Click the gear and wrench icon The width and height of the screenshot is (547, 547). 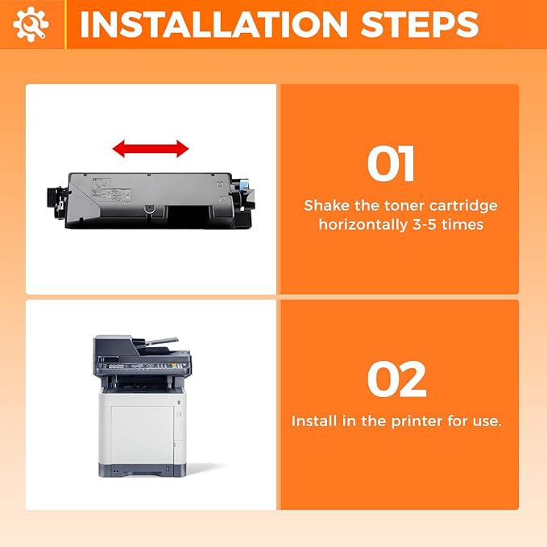[31, 24]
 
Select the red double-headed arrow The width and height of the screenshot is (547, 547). [151, 148]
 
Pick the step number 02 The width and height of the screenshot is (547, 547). [396, 379]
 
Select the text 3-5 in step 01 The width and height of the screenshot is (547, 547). [434, 225]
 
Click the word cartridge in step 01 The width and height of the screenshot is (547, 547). [466, 206]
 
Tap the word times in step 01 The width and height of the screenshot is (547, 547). [466, 225]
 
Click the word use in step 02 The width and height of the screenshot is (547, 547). [486, 421]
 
